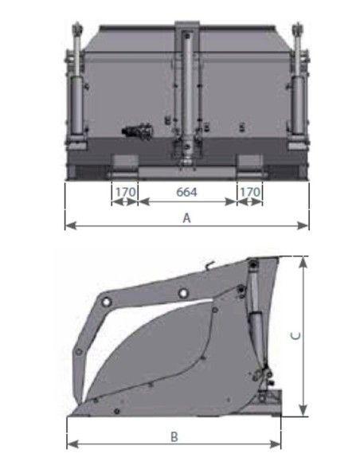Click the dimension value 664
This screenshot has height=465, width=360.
click(x=186, y=192)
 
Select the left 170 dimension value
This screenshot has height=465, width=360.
click(x=123, y=192)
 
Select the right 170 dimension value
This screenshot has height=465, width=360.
click(x=249, y=192)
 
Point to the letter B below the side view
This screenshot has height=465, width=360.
click(x=174, y=436)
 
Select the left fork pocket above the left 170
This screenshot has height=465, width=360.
click(x=123, y=165)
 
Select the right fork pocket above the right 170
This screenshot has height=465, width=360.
click(x=249, y=165)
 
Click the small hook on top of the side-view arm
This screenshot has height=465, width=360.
click(x=209, y=265)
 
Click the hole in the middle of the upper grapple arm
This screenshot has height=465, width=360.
click(x=184, y=294)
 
